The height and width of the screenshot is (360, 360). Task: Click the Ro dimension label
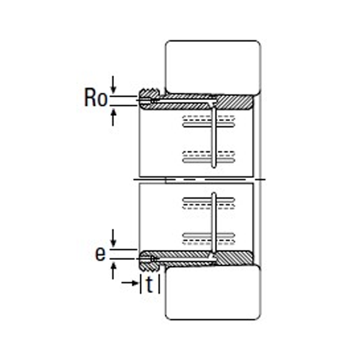(96, 97)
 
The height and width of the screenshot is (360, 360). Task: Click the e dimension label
(100, 253)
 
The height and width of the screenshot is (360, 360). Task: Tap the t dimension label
(150, 284)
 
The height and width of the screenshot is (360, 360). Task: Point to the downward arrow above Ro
(114, 85)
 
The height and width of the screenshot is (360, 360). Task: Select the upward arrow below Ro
(113, 117)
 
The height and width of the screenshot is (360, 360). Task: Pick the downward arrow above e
(114, 238)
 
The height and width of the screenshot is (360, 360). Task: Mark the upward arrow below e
(113, 271)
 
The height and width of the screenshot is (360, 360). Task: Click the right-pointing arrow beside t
(130, 283)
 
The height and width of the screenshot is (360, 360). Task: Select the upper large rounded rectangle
(213, 67)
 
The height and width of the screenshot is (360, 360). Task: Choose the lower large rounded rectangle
(213, 292)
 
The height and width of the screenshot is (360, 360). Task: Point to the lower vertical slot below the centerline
(214, 222)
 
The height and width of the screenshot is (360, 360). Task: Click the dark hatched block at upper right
(235, 102)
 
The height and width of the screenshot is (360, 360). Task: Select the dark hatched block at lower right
(235, 258)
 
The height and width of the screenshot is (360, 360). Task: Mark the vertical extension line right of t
(159, 283)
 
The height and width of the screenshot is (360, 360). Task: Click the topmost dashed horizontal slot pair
(209, 118)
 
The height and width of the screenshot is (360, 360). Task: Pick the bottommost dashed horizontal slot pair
(209, 242)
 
